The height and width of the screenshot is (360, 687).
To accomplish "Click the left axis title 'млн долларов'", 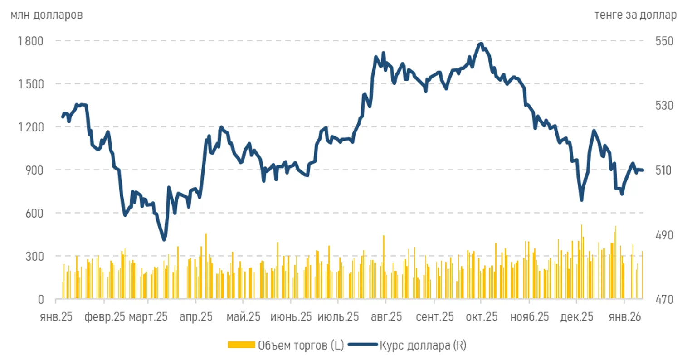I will point(46,15).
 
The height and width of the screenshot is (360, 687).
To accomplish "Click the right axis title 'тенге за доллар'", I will point(635,15).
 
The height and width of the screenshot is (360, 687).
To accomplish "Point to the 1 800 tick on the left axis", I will point(31,41).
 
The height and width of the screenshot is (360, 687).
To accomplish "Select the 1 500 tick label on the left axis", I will point(31,84).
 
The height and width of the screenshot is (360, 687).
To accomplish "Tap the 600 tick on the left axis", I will point(35,213).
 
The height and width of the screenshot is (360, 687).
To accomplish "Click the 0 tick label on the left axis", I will point(41,299).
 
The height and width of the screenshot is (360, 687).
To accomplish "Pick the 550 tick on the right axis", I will point(664,41).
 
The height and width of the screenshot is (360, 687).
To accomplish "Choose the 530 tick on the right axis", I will point(664,106).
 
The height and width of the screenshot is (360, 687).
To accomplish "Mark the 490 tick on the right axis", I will point(664,235).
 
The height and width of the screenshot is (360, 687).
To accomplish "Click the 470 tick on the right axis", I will point(664,299).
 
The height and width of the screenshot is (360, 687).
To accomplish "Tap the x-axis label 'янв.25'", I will point(56,317).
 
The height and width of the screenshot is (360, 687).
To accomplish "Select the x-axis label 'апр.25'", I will point(196,317).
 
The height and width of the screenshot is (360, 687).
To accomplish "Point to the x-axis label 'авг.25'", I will point(386,317).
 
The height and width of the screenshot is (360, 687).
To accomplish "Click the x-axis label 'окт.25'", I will point(482,317).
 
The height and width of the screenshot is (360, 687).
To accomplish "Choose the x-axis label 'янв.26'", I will point(625,317).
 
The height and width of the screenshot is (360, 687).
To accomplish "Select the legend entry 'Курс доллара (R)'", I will point(423,345).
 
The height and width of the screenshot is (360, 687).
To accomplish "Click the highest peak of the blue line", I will point(481,43).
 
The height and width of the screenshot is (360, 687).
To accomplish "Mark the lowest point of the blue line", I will point(164,240).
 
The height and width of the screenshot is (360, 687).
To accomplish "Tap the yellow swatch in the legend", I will point(241,345).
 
